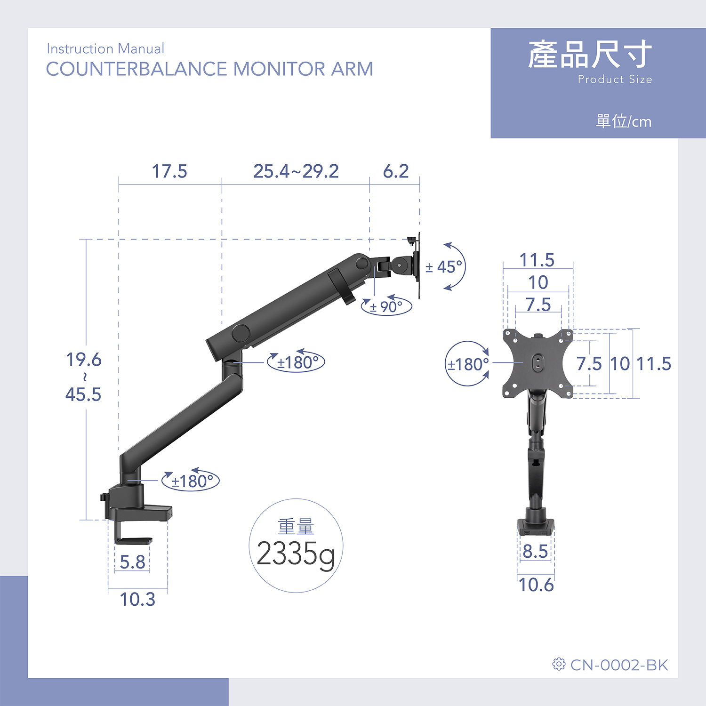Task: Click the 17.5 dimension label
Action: tap(169, 171)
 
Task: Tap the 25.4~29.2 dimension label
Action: tap(296, 171)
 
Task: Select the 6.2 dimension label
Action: tap(396, 171)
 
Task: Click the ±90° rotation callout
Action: tap(386, 307)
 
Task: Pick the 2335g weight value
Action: tap(296, 554)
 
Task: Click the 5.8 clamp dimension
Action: tap(132, 562)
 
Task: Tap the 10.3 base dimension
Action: tap(137, 599)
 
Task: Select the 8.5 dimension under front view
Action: tap(536, 551)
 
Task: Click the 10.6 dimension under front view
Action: tap(536, 585)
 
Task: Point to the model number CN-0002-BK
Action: tap(619, 665)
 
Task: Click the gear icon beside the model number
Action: tap(559, 664)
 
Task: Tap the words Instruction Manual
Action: tap(105, 49)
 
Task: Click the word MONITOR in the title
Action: tap(279, 69)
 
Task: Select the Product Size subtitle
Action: tap(615, 79)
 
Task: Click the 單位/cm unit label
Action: tap(624, 121)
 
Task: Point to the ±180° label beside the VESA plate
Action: tap(468, 364)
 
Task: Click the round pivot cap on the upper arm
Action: tap(241, 333)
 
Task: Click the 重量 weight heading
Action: tap(296, 527)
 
